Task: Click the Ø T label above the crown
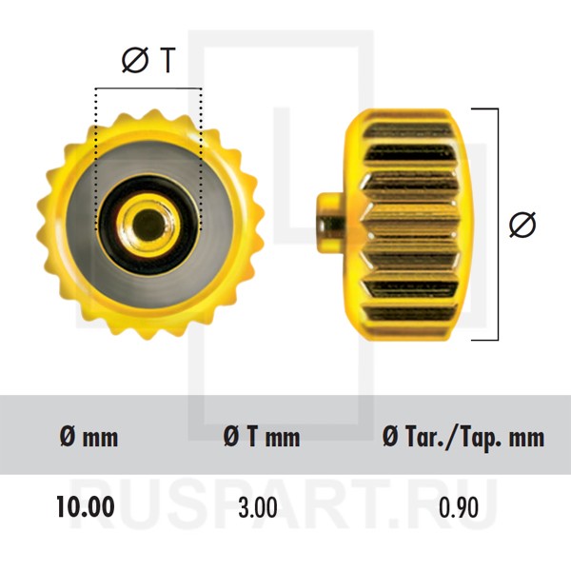[x=148, y=60]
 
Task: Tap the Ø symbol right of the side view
[x=522, y=224]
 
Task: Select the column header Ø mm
[x=89, y=437]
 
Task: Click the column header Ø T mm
[x=262, y=437]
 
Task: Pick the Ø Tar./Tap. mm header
[x=463, y=437]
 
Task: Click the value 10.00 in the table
[x=86, y=506]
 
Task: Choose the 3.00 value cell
[x=258, y=507]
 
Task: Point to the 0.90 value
[x=458, y=507]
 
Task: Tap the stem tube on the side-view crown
[x=330, y=223]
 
